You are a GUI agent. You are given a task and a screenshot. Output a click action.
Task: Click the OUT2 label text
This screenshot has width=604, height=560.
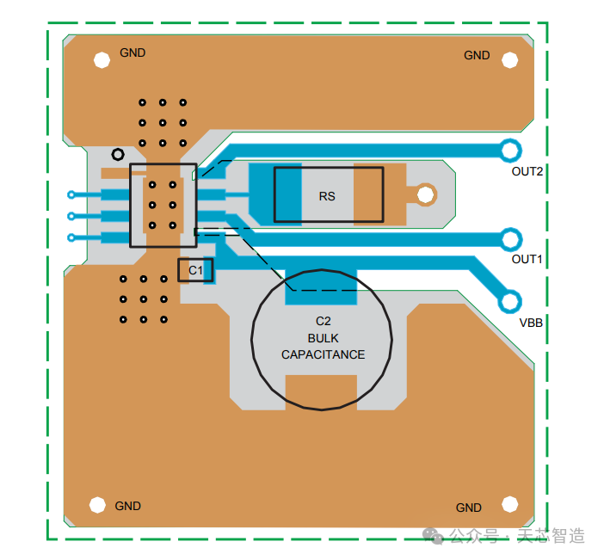(527, 171)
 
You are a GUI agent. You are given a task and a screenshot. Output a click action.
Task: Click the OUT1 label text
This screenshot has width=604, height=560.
(527, 259)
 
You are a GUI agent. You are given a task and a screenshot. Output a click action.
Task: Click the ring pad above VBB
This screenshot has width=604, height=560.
(510, 301)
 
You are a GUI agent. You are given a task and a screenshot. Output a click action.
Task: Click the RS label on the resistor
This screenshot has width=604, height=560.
(327, 196)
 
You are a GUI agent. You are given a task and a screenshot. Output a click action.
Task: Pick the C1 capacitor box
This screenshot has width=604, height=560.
(195, 270)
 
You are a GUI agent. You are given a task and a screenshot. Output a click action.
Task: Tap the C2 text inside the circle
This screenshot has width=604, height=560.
(323, 321)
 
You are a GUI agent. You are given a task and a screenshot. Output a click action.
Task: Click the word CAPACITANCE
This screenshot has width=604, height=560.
(323, 354)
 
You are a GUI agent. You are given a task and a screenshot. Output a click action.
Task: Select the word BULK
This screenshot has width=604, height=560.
(323, 338)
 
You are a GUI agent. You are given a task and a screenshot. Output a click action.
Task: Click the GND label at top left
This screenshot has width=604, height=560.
(133, 52)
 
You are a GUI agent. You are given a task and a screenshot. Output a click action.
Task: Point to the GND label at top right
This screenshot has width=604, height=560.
(477, 55)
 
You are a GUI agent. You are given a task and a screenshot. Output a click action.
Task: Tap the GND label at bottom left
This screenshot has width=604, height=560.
(128, 506)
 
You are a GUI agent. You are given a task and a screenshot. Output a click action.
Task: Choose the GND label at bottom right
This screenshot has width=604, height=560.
(469, 508)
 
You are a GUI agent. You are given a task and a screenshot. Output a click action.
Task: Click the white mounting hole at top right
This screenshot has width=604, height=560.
(509, 59)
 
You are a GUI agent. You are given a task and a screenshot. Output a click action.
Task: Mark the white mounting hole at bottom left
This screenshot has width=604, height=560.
(97, 505)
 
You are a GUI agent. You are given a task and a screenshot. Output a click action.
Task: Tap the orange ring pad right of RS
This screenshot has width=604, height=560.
(424, 195)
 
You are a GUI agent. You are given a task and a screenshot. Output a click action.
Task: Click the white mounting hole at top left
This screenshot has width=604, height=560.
(102, 59)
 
